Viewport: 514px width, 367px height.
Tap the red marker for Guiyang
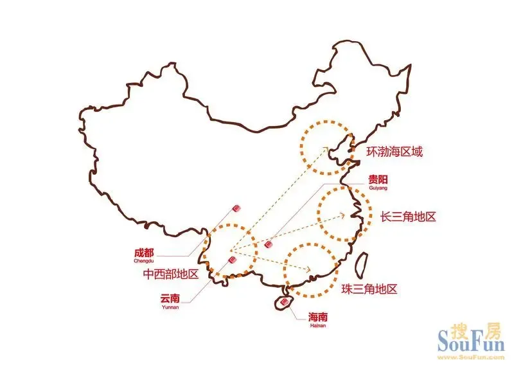click(x=268, y=245)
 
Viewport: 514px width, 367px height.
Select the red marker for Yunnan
click(x=232, y=260)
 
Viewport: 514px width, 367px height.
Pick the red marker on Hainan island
click(x=283, y=300)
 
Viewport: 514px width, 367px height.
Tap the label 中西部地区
click(x=170, y=274)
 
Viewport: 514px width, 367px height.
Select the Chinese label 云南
click(x=170, y=298)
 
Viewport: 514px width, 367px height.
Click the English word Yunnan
click(x=170, y=307)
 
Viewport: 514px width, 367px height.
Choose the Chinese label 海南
click(x=318, y=317)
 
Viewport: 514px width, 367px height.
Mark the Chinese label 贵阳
click(x=378, y=179)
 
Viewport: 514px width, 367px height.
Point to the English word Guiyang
click(x=378, y=188)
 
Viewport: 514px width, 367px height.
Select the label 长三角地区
click(x=408, y=217)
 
